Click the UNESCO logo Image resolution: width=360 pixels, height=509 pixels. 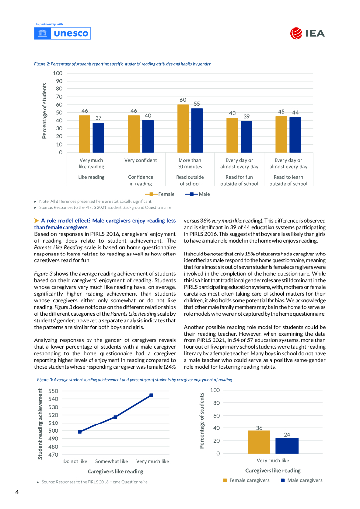tap(62, 33)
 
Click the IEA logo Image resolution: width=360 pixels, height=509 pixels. tap(307, 33)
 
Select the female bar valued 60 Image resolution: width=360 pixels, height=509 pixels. tap(183, 129)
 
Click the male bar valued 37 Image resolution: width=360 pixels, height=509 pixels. tap(98, 138)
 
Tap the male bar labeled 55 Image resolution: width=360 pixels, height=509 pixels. tap(197, 131)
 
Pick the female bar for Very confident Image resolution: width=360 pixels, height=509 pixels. tap(134, 134)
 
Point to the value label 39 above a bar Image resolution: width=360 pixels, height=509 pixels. tap(247, 116)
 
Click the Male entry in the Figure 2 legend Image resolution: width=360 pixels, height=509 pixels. tap(198, 194)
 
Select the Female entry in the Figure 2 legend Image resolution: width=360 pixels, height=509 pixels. tap(160, 194)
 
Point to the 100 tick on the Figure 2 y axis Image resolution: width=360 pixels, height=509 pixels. tap(58, 73)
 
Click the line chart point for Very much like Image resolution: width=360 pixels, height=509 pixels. tap(151, 395)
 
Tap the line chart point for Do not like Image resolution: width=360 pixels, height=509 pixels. tap(80, 432)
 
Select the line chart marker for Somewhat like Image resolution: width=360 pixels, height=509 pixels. tap(115, 417)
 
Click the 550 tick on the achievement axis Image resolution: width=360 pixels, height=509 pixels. tap(53, 391)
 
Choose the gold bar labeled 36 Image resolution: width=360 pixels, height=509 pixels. tap(259, 442)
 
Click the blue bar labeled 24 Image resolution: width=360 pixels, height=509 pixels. tap(287, 446)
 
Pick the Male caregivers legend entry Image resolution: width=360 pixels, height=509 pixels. tap(301, 480)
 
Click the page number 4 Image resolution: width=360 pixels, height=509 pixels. tap(17, 492)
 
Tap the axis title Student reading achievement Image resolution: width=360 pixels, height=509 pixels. tap(40, 424)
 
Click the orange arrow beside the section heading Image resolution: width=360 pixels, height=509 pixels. tap(36, 220)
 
